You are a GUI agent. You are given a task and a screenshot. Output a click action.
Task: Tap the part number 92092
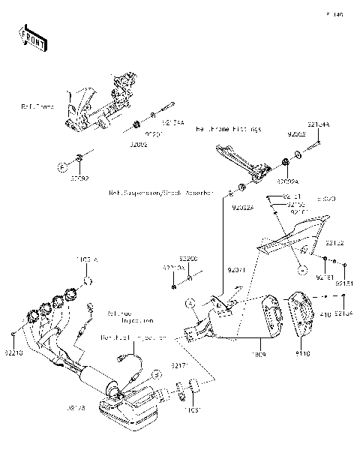click(x=79, y=180)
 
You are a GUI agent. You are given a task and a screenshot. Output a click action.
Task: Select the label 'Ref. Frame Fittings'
click(x=229, y=130)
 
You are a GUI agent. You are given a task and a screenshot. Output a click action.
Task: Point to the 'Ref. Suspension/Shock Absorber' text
click(x=160, y=193)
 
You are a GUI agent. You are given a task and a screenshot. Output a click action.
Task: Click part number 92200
click(x=187, y=259)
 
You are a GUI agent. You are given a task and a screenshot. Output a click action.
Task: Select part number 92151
click(x=343, y=284)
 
